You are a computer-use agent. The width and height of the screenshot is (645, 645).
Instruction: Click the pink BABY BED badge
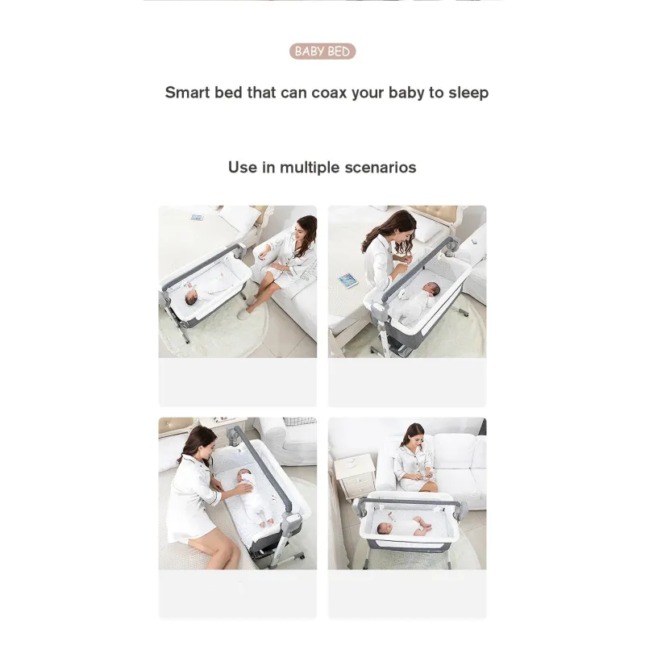(322, 52)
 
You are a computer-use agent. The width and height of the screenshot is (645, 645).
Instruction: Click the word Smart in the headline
(188, 93)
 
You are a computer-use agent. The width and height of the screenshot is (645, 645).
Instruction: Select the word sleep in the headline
(468, 94)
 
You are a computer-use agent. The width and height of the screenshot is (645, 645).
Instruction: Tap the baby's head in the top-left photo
(191, 298)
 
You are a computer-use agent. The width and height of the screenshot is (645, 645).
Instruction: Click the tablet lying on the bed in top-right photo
(348, 281)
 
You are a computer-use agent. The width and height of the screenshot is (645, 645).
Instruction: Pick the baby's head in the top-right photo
(431, 289)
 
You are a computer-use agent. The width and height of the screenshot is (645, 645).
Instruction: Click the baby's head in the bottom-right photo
(385, 528)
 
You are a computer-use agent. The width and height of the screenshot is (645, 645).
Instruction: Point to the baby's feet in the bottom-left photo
(267, 522)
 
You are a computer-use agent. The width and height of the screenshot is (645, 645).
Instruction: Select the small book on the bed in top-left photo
(197, 217)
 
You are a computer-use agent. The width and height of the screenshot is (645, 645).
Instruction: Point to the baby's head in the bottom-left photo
(243, 477)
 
